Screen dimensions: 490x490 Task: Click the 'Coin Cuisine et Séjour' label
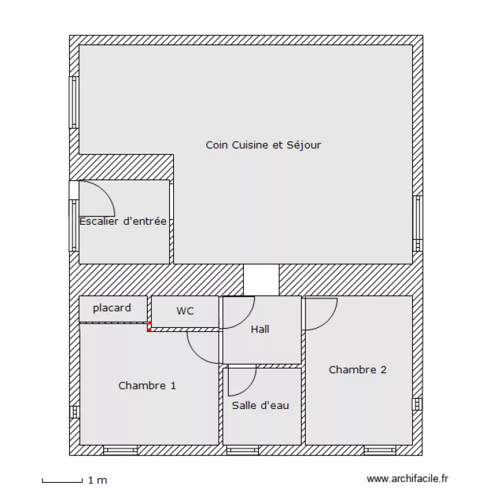click(263, 145)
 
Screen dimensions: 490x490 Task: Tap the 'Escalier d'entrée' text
click(123, 221)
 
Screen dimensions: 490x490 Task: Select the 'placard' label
click(112, 308)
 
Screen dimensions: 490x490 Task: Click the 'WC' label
click(185, 311)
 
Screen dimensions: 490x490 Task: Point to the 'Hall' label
click(260, 329)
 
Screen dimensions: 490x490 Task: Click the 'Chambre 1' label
click(147, 385)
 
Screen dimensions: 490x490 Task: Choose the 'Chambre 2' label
click(357, 370)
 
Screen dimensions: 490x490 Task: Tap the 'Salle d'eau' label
click(260, 406)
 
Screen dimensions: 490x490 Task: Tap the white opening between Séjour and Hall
click(261, 280)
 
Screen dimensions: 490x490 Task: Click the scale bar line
click(63, 482)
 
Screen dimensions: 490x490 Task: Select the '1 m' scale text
click(97, 481)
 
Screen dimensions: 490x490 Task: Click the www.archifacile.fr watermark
click(408, 479)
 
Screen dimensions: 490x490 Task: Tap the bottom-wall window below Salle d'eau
click(243, 450)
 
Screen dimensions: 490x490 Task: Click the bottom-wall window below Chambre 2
click(380, 450)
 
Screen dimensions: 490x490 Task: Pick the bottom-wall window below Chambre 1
click(120, 450)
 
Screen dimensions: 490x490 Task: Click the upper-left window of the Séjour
click(74, 102)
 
